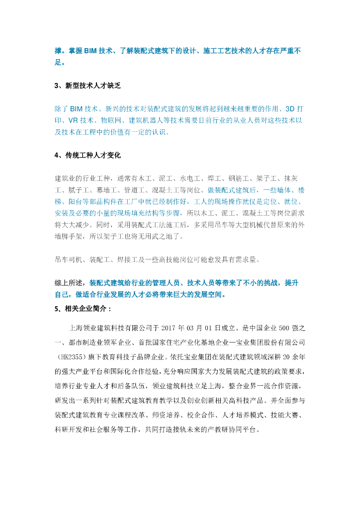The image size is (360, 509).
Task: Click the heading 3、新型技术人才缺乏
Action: pyautogui.click(x=88, y=86)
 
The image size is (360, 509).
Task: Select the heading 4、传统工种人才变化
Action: pyautogui.click(x=88, y=156)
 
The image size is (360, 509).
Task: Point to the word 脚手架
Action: pyautogui.click(x=80, y=237)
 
